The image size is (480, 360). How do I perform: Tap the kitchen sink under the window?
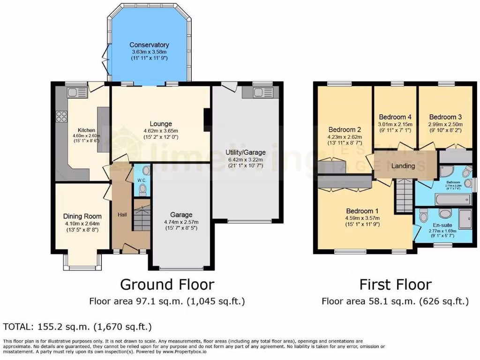pyautogui.click(x=76, y=93)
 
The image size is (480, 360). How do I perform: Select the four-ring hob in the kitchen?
pyautogui.click(x=62, y=116)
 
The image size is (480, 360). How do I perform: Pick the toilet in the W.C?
pyautogui.click(x=143, y=189)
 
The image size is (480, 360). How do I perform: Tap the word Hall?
pyautogui.click(x=122, y=214)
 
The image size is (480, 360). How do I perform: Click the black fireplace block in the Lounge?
pyautogui.click(x=207, y=119)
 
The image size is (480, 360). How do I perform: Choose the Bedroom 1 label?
pyautogui.click(x=362, y=210)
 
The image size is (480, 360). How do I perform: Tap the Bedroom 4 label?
pyautogui.click(x=395, y=117)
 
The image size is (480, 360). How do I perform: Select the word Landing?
pyautogui.click(x=403, y=166)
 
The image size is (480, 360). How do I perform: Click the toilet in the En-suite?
pyautogui.click(x=424, y=217)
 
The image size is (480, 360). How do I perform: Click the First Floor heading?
pyautogui.click(x=395, y=285)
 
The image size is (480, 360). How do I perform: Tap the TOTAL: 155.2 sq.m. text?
pyautogui.click(x=77, y=326)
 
